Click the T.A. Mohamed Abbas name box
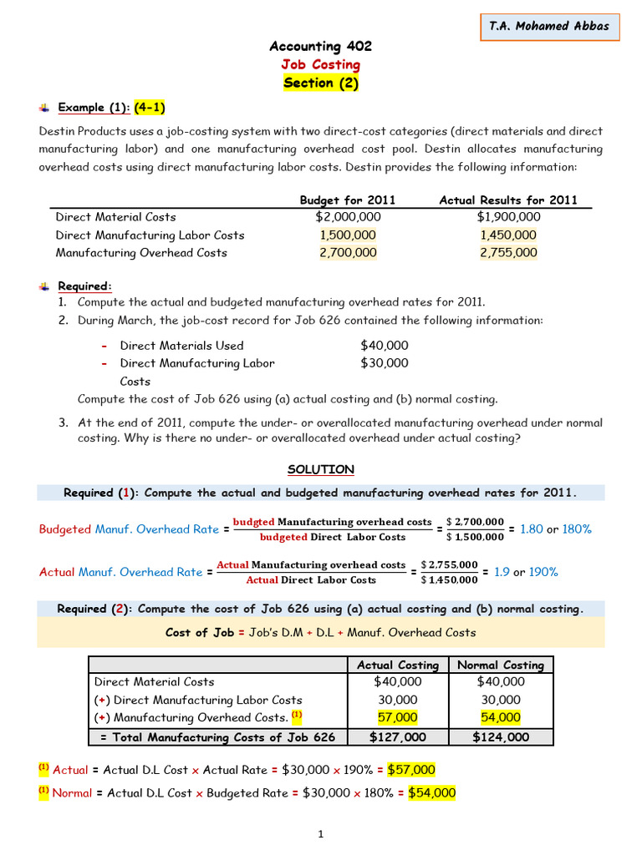pos(549,26)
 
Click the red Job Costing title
pos(321,64)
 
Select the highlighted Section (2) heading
pos(321,83)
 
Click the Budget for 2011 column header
pos(348,200)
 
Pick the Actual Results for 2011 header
pos(508,200)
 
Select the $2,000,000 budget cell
pos(348,217)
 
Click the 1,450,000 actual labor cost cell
pos(508,235)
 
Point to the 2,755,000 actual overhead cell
pos(508,252)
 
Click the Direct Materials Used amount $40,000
pos(385,345)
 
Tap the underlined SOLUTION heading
pos(321,469)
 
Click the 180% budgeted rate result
pos(577,529)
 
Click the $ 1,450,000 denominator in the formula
pos(450,579)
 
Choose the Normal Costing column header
pos(501,665)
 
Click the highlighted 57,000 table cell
pos(398,717)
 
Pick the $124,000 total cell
pos(501,736)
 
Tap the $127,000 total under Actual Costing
pos(398,736)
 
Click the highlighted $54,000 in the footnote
pos(431,792)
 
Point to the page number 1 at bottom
pos(321,833)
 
